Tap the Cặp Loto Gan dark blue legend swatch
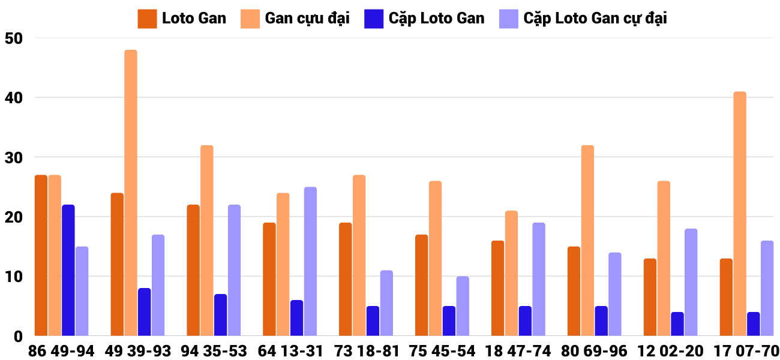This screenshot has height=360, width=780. click(x=374, y=19)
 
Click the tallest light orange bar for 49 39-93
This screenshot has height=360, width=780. click(x=131, y=193)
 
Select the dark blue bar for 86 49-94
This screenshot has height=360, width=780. click(x=68, y=270)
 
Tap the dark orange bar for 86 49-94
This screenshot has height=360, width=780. click(x=41, y=255)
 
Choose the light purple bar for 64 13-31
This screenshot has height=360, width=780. click(x=310, y=261)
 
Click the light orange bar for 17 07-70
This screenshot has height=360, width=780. click(x=740, y=214)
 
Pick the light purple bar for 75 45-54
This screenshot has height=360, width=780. click(x=463, y=306)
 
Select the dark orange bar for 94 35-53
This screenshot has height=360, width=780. click(x=193, y=270)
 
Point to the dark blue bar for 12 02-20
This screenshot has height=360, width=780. click(x=677, y=324)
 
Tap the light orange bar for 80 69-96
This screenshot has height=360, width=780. click(x=587, y=240)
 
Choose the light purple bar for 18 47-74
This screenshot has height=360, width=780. click(x=539, y=279)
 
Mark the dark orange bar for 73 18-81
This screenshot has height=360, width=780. click(x=346, y=279)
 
